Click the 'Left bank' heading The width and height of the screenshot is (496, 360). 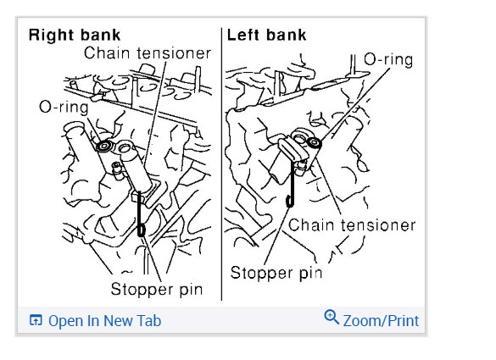266,36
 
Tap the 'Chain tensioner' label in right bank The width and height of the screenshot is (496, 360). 147,53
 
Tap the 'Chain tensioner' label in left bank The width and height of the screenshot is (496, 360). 352,225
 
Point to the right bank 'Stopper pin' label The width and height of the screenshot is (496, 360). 157,289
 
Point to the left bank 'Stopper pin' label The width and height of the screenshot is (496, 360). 276,274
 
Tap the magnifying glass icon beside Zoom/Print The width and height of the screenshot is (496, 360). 332,318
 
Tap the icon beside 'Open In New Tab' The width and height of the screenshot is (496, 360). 36,320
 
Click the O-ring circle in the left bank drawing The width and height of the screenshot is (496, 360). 315,144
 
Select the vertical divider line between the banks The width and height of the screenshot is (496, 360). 221,169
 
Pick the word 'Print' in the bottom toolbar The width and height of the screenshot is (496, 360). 399,320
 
